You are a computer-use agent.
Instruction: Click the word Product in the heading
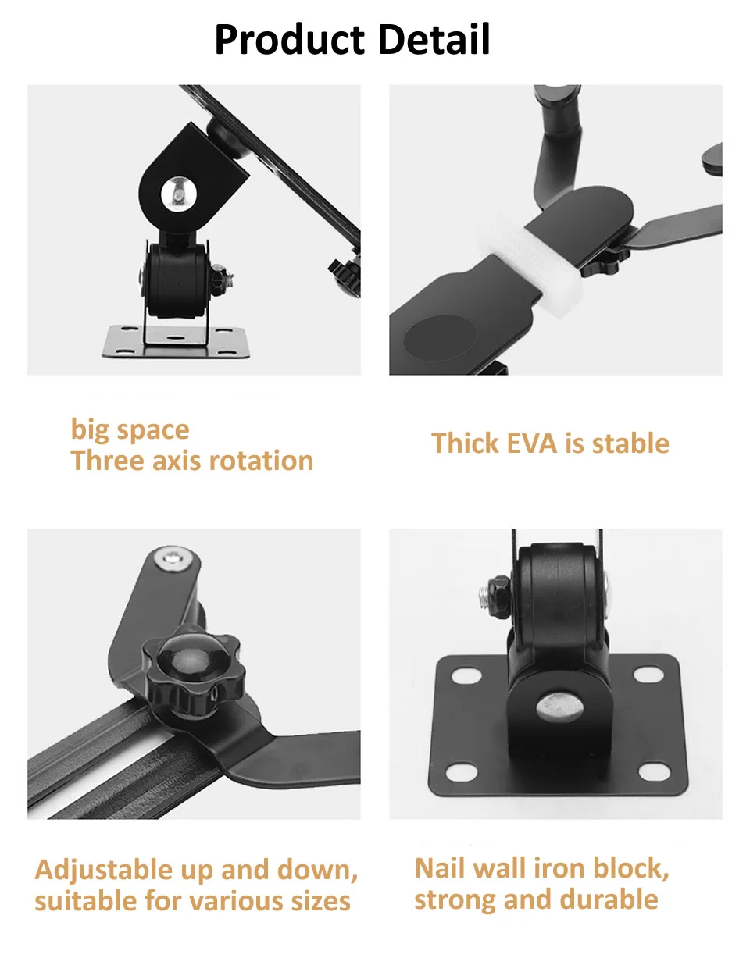pos(290,40)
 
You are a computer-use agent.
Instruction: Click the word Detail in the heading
pos(434,39)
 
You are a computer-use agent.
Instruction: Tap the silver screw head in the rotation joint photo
pos(179,193)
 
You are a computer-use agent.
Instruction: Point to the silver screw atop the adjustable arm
pos(175,559)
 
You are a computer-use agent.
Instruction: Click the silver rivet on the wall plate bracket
pos(559,707)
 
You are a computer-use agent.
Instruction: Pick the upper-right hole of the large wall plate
pos(648,675)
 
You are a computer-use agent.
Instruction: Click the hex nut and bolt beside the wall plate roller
pos(495,597)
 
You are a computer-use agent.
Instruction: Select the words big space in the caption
pos(130,430)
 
